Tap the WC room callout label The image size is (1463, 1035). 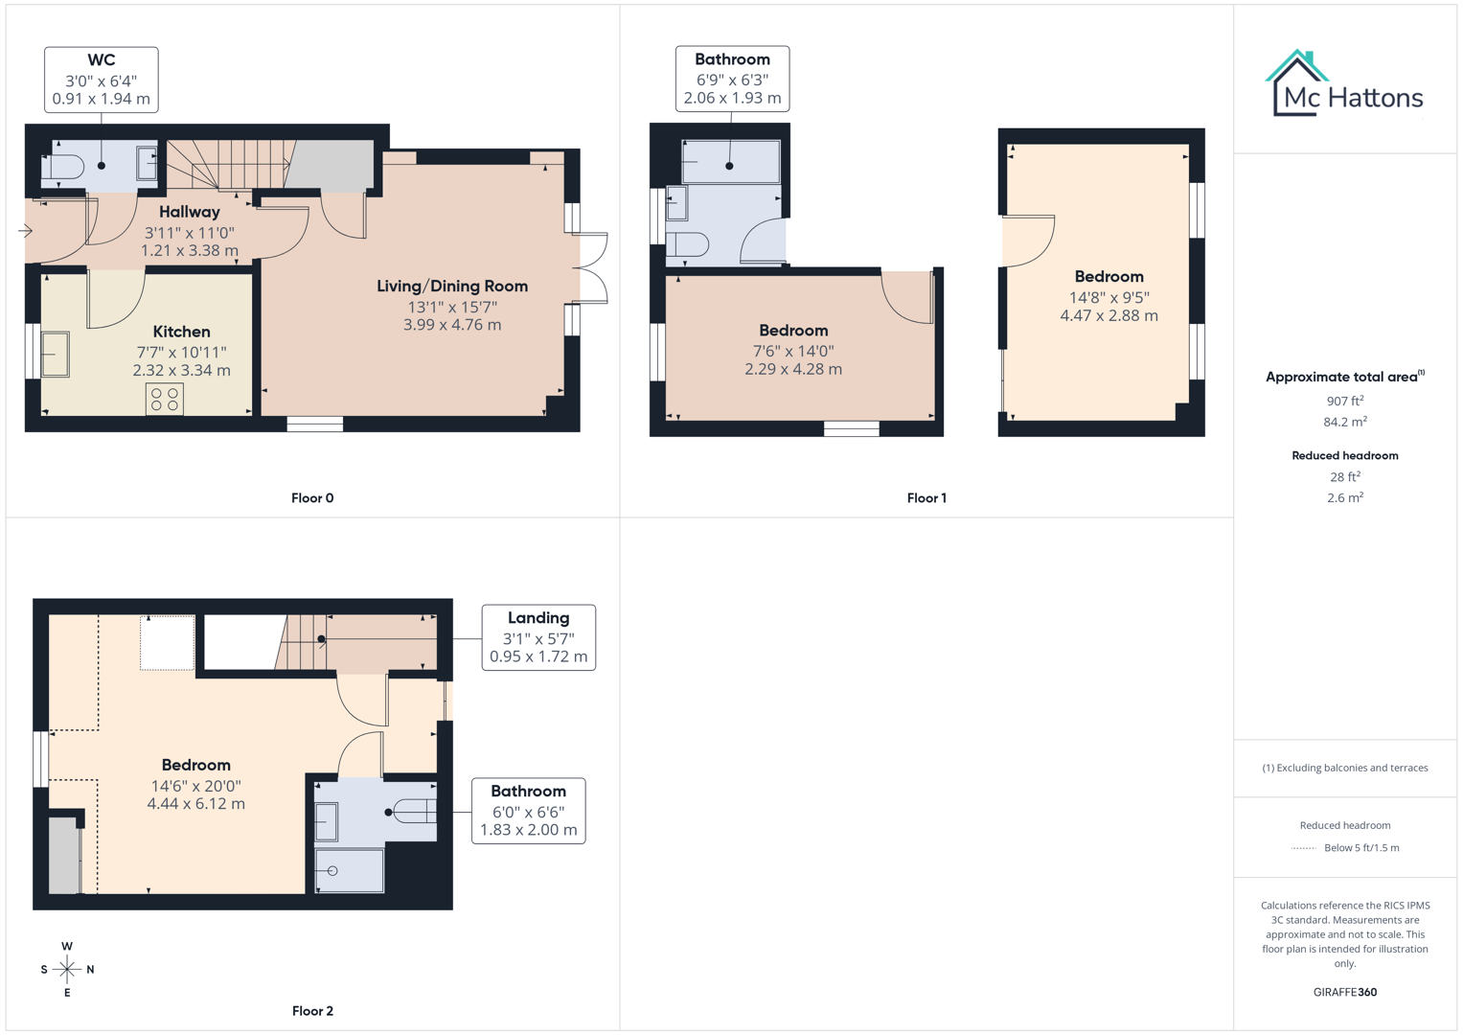click(x=101, y=80)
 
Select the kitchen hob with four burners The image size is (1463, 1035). click(x=165, y=400)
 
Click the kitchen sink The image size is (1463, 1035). click(x=56, y=354)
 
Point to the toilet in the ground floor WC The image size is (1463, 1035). click(x=64, y=168)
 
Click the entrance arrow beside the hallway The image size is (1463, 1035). click(x=26, y=231)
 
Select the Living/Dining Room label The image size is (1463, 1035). click(x=451, y=287)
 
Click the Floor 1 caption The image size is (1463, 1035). click(x=926, y=497)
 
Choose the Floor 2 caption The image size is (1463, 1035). click(x=312, y=1011)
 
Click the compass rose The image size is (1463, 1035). click(x=67, y=970)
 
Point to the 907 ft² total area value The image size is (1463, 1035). click(x=1344, y=402)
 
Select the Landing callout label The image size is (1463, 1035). click(x=537, y=637)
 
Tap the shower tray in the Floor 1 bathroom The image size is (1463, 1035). click(x=731, y=162)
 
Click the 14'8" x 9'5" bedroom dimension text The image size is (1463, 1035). click(x=1109, y=298)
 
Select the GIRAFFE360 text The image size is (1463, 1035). click(x=1344, y=992)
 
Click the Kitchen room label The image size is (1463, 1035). click(x=181, y=332)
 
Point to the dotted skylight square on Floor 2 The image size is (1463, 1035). click(x=168, y=643)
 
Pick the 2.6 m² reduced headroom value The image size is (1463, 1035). click(x=1344, y=497)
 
